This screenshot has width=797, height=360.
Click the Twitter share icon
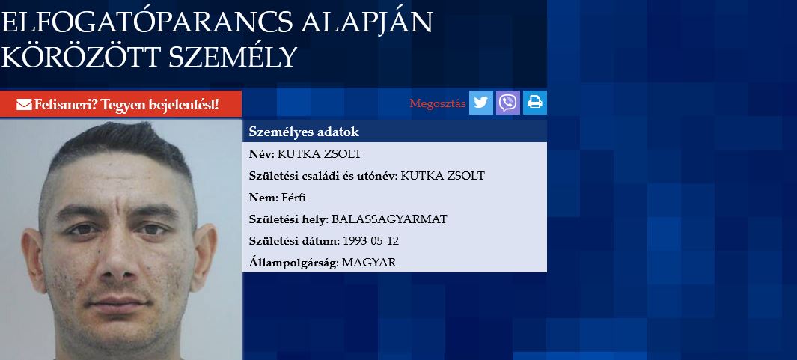[481, 103]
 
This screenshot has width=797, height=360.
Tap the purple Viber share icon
[508, 103]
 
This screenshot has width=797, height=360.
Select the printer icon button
[535, 103]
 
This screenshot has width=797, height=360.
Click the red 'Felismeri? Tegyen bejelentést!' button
[121, 104]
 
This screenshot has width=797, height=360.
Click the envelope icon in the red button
[24, 105]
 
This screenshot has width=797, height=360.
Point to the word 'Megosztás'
[438, 104]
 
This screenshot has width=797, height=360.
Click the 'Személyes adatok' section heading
[304, 132]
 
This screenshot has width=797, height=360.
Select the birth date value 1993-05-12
[371, 241]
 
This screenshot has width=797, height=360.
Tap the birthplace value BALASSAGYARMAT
[389, 219]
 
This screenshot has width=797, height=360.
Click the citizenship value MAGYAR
[369, 263]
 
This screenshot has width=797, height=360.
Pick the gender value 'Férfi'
[293, 198]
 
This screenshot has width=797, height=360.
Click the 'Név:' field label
[261, 154]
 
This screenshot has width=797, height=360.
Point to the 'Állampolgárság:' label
[294, 263]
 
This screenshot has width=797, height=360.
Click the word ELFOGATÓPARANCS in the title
[147, 23]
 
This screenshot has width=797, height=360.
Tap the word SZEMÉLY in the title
[232, 57]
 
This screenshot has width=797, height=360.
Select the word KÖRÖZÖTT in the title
[81, 57]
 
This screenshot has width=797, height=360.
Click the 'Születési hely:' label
[289, 219]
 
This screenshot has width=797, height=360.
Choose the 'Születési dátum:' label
[294, 241]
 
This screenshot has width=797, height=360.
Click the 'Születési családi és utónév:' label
[323, 176]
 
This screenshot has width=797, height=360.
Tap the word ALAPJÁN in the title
[367, 23]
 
